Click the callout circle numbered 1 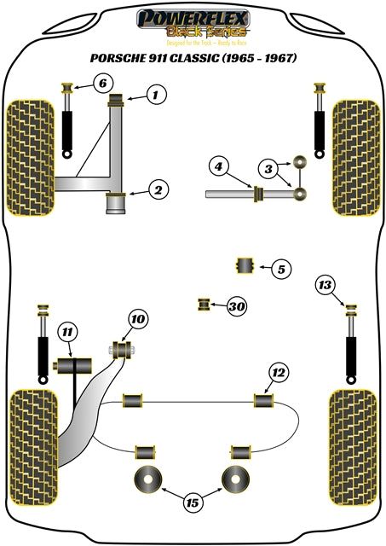pyautogui.click(x=155, y=96)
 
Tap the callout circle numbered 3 pyautogui.click(x=268, y=170)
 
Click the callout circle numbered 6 pyautogui.click(x=101, y=83)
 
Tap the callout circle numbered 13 pyautogui.click(x=325, y=285)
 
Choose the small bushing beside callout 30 pyautogui.click(x=205, y=304)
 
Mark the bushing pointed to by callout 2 pyautogui.click(x=116, y=204)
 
